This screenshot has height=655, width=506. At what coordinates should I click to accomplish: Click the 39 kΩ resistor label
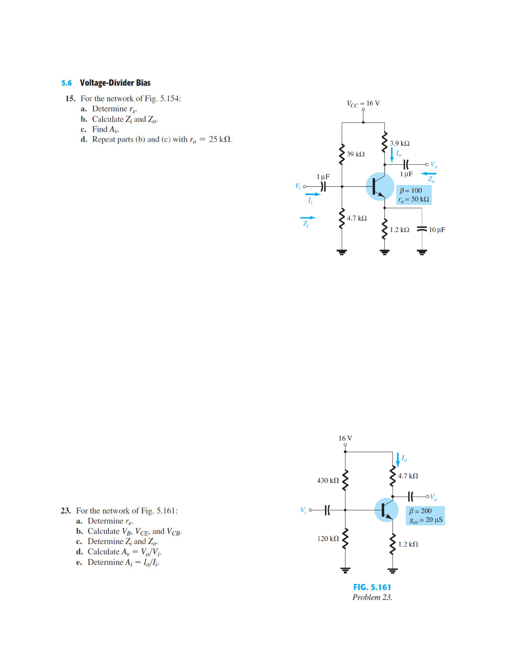(x=356, y=154)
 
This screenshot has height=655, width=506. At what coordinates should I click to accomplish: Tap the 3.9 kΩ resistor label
(x=400, y=143)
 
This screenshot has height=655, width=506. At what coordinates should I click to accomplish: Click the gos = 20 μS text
(x=426, y=520)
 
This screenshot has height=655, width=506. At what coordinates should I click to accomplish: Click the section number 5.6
(x=66, y=83)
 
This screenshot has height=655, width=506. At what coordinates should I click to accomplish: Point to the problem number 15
(x=70, y=99)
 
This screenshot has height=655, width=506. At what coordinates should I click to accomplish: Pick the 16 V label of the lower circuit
(x=345, y=438)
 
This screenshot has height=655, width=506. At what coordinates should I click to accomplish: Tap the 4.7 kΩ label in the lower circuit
(x=408, y=476)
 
